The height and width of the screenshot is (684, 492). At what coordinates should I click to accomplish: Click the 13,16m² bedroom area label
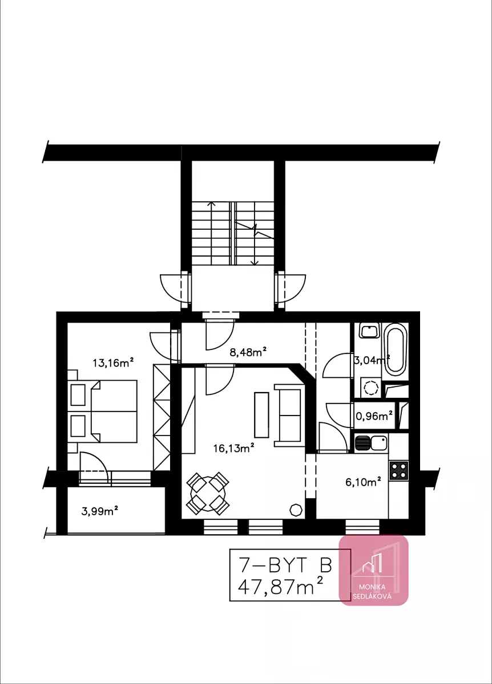(113, 363)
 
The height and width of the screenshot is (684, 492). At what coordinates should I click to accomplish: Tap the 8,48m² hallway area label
(248, 352)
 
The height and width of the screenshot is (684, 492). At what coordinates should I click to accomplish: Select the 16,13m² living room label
(233, 448)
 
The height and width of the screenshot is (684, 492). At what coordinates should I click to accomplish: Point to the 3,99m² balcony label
(100, 511)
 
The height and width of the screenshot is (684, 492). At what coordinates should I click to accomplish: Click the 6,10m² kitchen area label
(363, 482)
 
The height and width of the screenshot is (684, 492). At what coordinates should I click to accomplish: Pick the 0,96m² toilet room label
(374, 416)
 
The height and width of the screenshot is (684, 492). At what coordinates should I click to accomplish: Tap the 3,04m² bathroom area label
(372, 360)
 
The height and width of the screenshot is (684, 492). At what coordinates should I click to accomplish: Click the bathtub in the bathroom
(396, 352)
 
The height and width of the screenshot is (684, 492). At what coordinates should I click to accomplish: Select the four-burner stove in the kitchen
(399, 471)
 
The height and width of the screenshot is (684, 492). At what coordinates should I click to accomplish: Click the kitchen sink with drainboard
(371, 443)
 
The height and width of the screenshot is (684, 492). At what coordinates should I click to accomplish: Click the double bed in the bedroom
(114, 411)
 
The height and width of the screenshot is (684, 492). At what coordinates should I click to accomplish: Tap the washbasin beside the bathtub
(369, 331)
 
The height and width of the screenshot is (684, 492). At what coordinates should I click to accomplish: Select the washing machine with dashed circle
(371, 388)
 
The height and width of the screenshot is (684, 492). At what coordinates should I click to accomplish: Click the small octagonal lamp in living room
(296, 510)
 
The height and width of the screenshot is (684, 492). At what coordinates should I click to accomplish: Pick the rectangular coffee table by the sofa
(261, 415)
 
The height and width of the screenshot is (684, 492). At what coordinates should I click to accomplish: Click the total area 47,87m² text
(280, 586)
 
